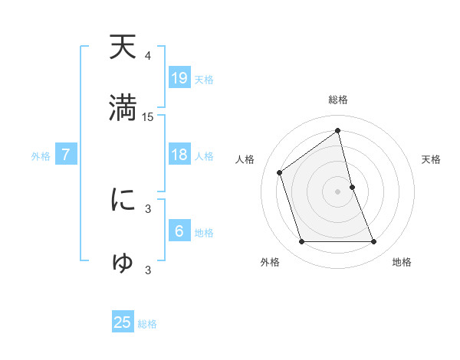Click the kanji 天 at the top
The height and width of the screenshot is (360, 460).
[123, 47]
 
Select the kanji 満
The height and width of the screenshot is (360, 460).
[123, 106]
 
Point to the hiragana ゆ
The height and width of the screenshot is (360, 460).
[123, 262]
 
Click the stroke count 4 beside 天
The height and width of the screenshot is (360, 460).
[148, 56]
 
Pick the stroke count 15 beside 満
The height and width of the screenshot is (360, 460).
[148, 117]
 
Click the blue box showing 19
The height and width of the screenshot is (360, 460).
[179, 78]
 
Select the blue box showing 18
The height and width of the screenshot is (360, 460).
[179, 155]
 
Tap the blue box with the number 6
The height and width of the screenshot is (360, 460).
[179, 231]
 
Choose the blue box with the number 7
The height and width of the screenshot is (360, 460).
[66, 155]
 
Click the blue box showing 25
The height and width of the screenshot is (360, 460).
[123, 322]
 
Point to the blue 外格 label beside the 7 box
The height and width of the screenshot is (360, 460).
[41, 156]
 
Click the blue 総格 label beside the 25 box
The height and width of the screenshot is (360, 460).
[147, 324]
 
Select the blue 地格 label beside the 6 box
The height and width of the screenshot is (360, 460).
[204, 233]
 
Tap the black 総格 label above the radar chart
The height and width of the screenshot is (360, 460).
[338, 100]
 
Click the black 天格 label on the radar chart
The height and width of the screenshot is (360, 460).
[432, 159]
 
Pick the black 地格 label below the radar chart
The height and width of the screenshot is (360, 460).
[402, 262]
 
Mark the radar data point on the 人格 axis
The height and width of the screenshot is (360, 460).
[280, 172]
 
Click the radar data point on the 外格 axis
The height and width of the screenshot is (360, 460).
[301, 242]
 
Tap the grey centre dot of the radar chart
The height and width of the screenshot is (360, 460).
[338, 191]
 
